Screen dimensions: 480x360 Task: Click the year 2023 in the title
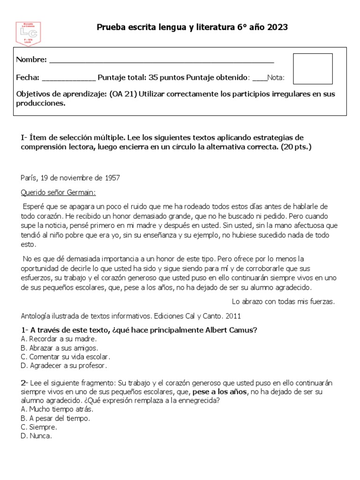pos(277,28)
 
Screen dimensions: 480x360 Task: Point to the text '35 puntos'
pos(169,77)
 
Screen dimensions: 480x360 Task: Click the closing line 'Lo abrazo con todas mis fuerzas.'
pos(283,301)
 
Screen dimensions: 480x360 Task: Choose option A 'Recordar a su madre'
pos(59,338)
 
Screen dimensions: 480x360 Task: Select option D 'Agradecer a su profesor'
pos(64,365)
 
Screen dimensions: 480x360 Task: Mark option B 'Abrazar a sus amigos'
pos(60,347)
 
